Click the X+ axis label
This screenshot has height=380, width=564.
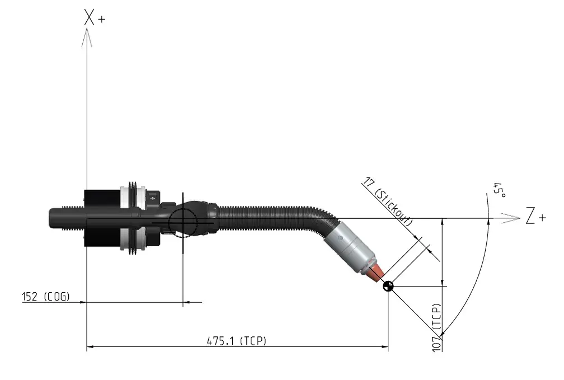pos(95,17)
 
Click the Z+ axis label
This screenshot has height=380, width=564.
pos(535,215)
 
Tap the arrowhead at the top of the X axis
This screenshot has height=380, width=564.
pos(87,37)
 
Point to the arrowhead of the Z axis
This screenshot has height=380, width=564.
pos(511,218)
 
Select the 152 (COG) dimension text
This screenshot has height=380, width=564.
pos(46,297)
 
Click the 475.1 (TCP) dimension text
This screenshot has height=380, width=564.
pos(237,340)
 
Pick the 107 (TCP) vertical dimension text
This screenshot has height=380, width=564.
pos(436,327)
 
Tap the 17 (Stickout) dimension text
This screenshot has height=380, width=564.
pos(388,201)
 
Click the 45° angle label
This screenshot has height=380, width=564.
pos(499,190)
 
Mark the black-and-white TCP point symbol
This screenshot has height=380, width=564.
pos(388,287)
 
